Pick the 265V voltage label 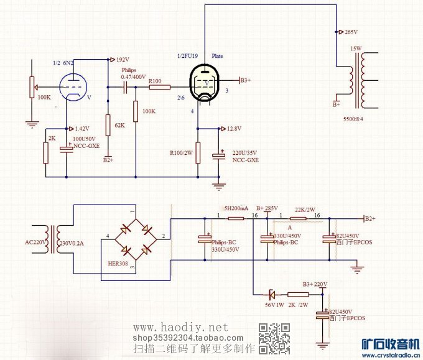351,32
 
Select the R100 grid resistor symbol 159,88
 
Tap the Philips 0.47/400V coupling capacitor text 132,73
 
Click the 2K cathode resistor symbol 45,153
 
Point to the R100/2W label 182,152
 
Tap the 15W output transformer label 355,48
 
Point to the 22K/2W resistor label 304,209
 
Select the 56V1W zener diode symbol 271,294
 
